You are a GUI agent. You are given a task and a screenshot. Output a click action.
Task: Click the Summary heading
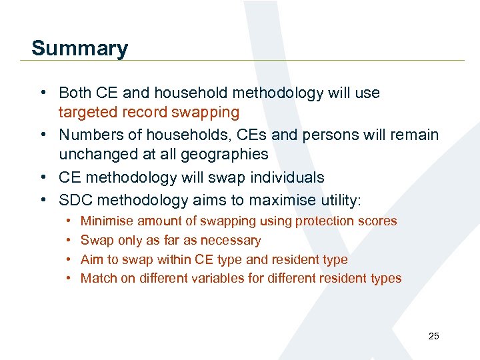coord(79,48)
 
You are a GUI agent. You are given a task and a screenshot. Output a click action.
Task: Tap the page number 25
coord(433,336)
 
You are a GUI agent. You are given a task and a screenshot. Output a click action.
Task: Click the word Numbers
coord(89,135)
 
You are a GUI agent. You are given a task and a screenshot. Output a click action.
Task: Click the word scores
coord(379,221)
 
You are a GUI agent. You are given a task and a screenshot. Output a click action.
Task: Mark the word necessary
coord(231,240)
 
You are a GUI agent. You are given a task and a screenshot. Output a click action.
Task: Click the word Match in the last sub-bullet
coord(98,278)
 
